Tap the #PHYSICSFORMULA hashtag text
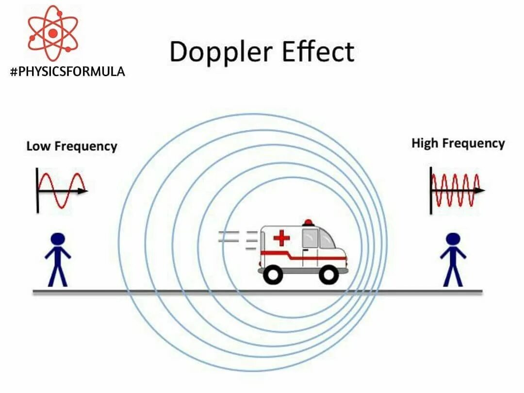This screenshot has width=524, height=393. pos(67,72)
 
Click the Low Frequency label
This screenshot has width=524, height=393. pos(72,146)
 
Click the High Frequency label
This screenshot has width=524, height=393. pos(458,143)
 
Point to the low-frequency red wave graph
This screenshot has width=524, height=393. pos(62,190)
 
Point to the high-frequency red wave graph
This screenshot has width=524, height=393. pos(455,190)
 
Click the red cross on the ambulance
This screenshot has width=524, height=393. pos(281,238)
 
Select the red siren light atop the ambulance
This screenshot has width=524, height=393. pos(308,223)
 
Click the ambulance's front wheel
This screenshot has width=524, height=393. pos(329,275)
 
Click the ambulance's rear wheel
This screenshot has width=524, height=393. pos(273,275)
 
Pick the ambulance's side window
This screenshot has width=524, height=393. pos(311,238)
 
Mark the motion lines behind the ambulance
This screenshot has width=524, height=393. pos(238,240)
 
